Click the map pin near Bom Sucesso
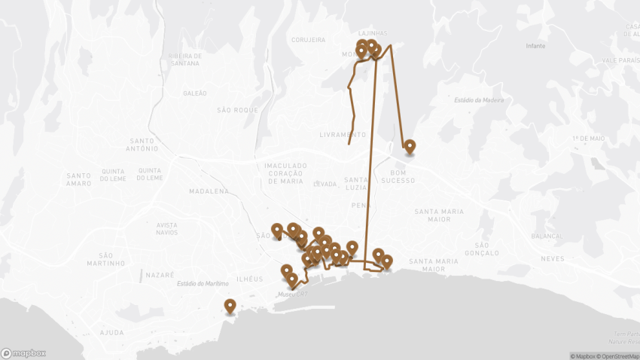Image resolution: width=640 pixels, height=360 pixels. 410,147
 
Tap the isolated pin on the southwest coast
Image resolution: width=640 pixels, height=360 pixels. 230,306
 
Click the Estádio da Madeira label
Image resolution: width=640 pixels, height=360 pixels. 479,100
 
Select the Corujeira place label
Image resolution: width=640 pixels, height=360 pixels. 307,40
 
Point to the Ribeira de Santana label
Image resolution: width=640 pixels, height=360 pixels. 186,59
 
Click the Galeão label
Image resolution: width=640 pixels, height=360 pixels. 194,93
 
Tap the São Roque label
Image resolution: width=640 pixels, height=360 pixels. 237,110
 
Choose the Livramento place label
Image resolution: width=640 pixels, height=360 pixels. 343,135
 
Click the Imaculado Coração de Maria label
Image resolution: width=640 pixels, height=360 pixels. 285,172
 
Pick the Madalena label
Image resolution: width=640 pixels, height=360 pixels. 209,191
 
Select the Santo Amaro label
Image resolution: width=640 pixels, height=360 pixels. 78,179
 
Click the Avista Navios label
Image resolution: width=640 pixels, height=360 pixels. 167,229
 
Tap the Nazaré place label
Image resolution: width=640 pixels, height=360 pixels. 159,276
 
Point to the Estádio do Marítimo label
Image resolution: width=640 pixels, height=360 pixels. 202,284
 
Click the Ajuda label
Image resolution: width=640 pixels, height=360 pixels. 111,333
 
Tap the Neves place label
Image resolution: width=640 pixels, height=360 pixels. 552,258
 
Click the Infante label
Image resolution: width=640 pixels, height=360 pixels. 535,46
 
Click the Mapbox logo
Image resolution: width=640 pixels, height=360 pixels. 23,352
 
